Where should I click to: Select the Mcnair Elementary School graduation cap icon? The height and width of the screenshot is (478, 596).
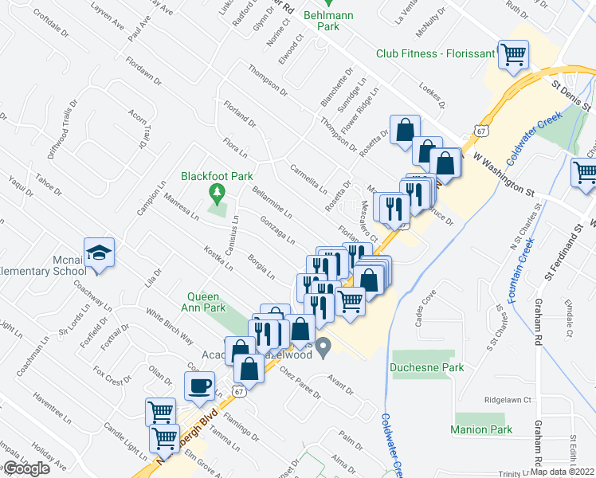click(100, 254)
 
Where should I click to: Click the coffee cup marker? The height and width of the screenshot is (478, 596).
click(199, 386)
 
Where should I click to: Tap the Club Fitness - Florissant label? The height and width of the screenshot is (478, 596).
click(435, 55)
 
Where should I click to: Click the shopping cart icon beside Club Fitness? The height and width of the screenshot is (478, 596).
click(512, 54)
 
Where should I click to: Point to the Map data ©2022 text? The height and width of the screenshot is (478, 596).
click(562, 472)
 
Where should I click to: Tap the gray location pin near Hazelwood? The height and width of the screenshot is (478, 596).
click(323, 347)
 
